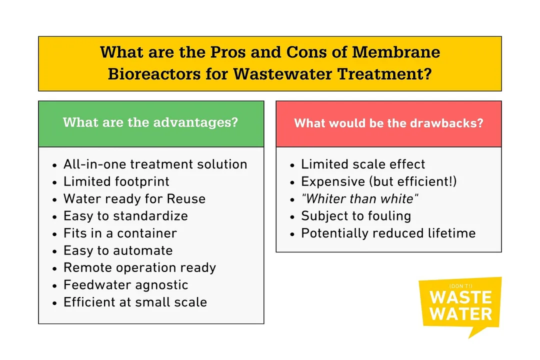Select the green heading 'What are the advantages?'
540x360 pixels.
[150, 122]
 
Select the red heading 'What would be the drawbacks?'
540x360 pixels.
[388, 123]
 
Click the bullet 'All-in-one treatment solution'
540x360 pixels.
[155, 164]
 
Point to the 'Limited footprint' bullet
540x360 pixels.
[116, 181]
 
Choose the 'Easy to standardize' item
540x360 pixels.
[125, 216]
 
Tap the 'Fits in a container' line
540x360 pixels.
[120, 233]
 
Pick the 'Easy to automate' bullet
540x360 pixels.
[118, 250]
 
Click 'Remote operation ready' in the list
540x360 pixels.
[139, 267]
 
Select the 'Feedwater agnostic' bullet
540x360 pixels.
[125, 285]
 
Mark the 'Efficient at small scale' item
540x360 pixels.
[135, 302]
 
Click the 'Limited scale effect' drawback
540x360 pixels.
[363, 164]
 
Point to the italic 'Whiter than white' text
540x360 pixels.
[359, 199]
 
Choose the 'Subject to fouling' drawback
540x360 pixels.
[356, 216]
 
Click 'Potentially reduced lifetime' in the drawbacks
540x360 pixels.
[388, 233]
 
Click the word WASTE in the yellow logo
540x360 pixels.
[460, 297]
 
